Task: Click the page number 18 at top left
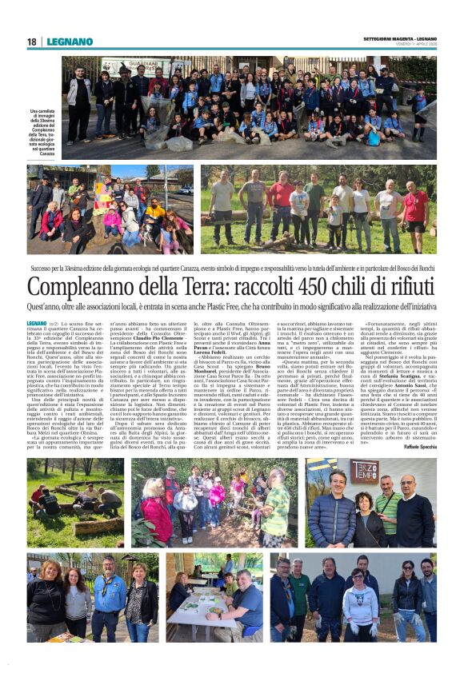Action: click(x=31, y=42)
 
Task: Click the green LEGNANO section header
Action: click(x=70, y=42)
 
